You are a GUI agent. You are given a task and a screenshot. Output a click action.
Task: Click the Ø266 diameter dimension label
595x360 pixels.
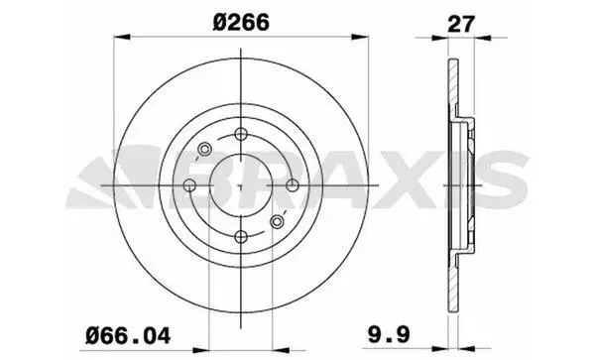(x=241, y=22)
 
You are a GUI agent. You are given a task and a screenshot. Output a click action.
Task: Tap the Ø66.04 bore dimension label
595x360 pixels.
(x=128, y=335)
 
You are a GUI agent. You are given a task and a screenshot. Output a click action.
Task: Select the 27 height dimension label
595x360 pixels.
(x=461, y=24)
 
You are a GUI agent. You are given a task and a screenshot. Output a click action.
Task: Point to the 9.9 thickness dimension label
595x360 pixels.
(x=390, y=335)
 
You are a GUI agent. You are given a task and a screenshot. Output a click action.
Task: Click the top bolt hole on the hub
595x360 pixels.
(x=241, y=134)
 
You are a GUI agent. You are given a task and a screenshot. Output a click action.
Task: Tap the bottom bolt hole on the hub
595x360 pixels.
(x=241, y=237)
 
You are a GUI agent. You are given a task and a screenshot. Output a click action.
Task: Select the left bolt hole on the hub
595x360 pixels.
(x=189, y=185)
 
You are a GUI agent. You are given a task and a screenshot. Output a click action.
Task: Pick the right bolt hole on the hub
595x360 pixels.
(x=293, y=185)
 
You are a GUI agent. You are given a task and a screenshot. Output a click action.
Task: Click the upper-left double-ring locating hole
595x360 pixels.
(x=204, y=149)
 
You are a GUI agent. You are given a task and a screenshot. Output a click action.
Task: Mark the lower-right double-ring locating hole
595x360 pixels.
(x=278, y=221)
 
